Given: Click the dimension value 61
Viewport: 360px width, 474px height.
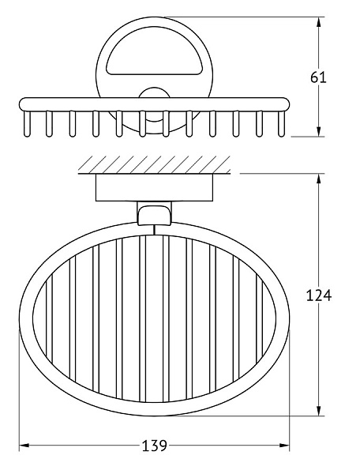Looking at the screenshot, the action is [318, 77].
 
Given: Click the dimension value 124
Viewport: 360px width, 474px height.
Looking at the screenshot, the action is [319, 295].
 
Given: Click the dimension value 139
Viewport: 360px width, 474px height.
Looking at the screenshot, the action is [154, 446].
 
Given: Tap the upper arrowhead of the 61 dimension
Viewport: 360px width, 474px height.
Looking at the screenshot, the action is [318, 23].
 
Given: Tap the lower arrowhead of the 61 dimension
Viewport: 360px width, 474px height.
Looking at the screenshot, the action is [318, 131].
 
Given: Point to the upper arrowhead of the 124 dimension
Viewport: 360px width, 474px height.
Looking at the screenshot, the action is [318, 179].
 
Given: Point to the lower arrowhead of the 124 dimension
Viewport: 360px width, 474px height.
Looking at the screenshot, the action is [318, 410].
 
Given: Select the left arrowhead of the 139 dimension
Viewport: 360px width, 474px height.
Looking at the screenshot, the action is [24, 446].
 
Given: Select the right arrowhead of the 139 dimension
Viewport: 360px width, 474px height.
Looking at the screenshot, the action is [284, 446].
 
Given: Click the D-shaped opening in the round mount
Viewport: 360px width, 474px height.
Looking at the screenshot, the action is [154, 51].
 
